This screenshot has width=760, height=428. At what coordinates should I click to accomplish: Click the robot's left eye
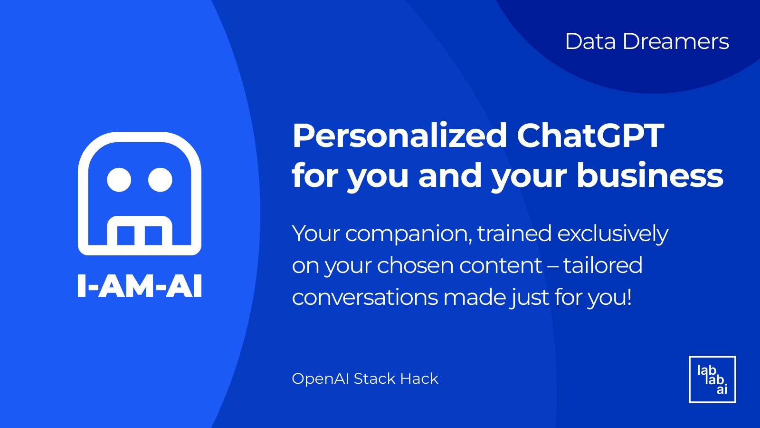pyautogui.click(x=119, y=180)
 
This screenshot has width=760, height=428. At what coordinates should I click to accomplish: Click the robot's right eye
pyautogui.click(x=160, y=180)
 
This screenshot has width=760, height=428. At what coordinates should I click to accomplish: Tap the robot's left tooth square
pyautogui.click(x=125, y=235)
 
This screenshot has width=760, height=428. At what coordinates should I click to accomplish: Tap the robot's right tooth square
pyautogui.click(x=153, y=235)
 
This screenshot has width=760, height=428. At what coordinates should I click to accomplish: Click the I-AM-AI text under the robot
pyautogui.click(x=140, y=286)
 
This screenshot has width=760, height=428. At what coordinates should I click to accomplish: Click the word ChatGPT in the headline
pyautogui.click(x=590, y=136)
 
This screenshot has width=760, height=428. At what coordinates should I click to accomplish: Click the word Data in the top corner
pyautogui.click(x=590, y=42)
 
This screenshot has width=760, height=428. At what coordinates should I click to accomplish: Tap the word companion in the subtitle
pyautogui.click(x=408, y=234)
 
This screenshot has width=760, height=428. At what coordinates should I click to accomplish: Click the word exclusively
pyautogui.click(x=613, y=234)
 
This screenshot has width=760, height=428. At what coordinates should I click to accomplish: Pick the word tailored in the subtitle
pyautogui.click(x=603, y=265)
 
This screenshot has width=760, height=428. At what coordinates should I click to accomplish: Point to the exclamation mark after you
pyautogui.click(x=629, y=296)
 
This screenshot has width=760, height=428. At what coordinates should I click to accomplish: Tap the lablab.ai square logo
pyautogui.click(x=712, y=379)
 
